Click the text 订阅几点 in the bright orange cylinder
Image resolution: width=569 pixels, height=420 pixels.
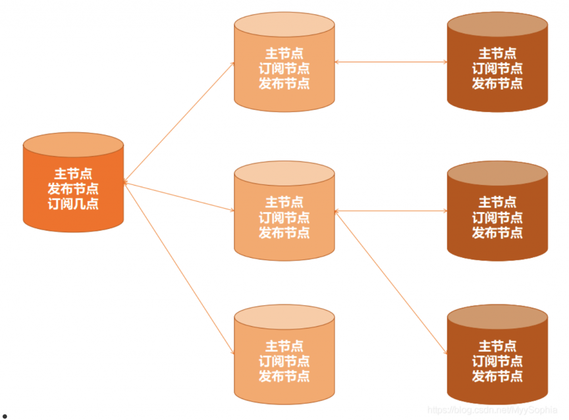(73, 203)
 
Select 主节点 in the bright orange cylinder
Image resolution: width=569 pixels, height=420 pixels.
(73, 173)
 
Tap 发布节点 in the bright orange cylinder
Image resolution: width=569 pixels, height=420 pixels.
(73, 188)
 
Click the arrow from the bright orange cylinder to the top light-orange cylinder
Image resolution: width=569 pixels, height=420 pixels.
(179, 122)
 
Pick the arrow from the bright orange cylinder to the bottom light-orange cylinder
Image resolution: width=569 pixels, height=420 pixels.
(179, 268)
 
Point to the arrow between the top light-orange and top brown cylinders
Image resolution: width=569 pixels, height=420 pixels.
(391, 62)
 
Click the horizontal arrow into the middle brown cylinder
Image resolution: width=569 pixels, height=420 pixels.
(391, 211)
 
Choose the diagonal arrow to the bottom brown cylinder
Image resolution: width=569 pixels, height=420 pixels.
(391, 282)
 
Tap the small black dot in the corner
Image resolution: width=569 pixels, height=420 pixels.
(4, 415)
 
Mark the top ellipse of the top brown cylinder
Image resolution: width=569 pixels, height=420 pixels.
(497, 23)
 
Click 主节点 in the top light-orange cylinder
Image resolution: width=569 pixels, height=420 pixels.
(284, 54)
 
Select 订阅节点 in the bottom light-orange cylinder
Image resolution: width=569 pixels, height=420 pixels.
(284, 361)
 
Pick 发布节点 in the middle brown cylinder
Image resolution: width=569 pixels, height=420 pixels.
(497, 233)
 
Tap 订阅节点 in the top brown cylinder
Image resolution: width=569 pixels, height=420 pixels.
(497, 68)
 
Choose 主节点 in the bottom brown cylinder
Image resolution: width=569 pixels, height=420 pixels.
(497, 346)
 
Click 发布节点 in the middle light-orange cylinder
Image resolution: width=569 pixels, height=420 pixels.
(284, 233)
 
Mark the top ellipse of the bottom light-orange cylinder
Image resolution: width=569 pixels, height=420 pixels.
(284, 316)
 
